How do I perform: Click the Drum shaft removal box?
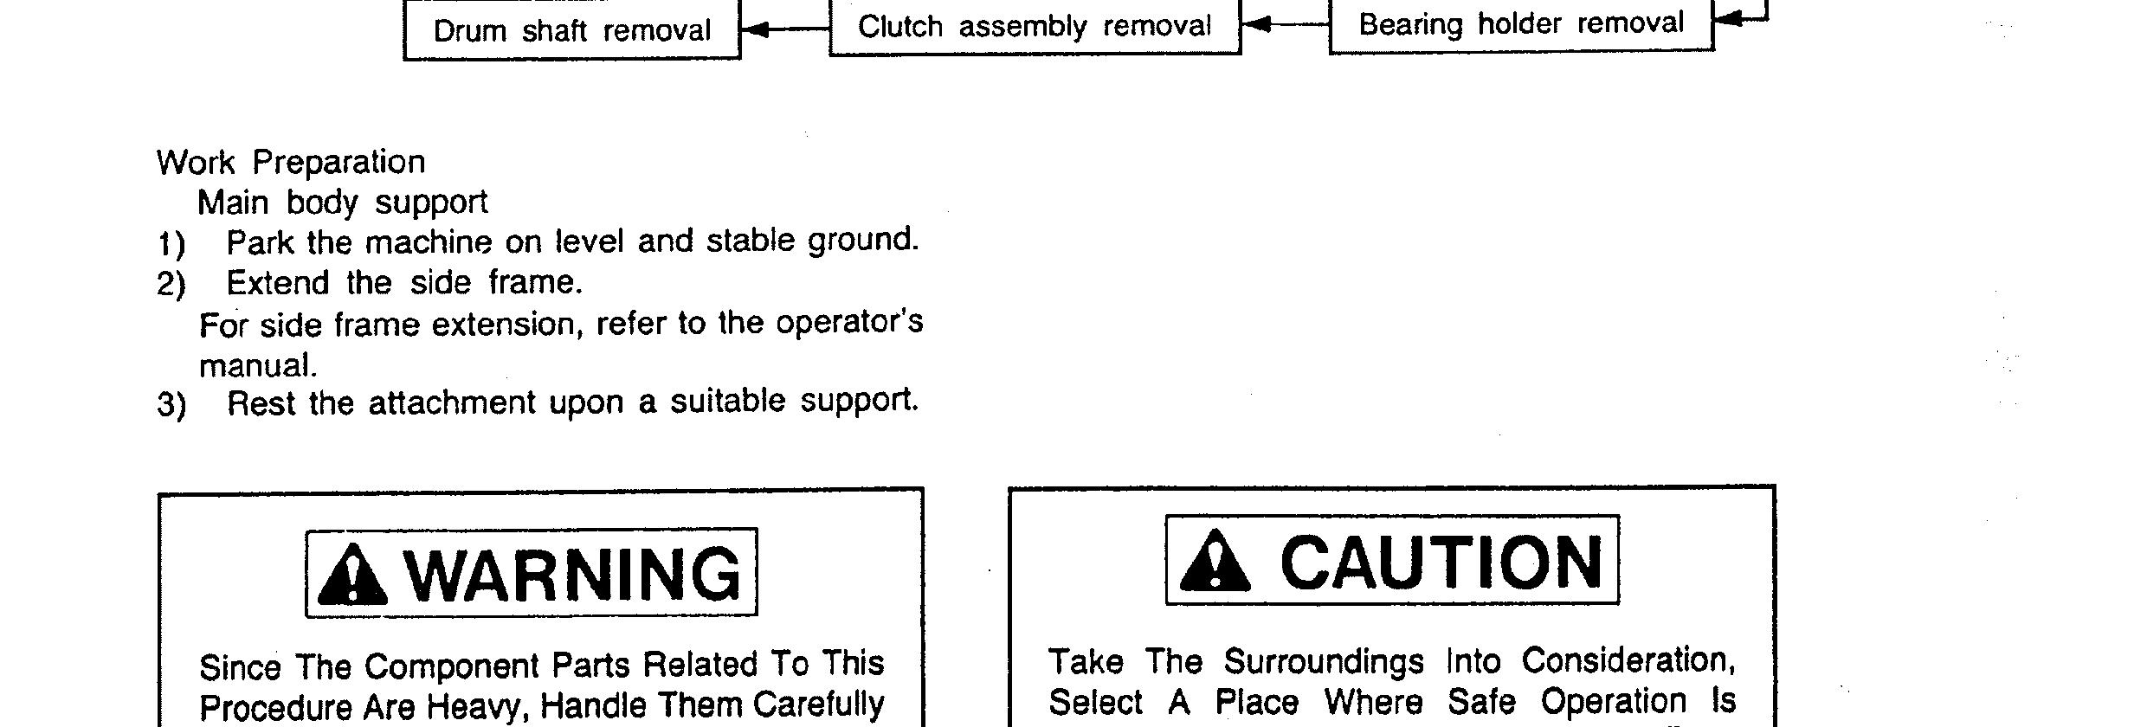click(571, 31)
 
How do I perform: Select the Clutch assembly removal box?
click(1035, 27)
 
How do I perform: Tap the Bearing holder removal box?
click(1521, 23)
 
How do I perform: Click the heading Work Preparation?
click(291, 162)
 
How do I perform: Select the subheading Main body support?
click(343, 203)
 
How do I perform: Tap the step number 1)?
click(171, 244)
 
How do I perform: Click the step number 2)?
click(171, 285)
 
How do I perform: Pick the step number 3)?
click(171, 405)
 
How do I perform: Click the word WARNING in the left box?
click(573, 574)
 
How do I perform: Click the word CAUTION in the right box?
click(1441, 562)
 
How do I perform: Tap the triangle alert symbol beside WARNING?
click(352, 575)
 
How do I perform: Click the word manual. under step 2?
click(258, 366)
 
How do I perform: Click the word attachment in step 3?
click(452, 403)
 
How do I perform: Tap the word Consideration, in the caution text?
click(1628, 661)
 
